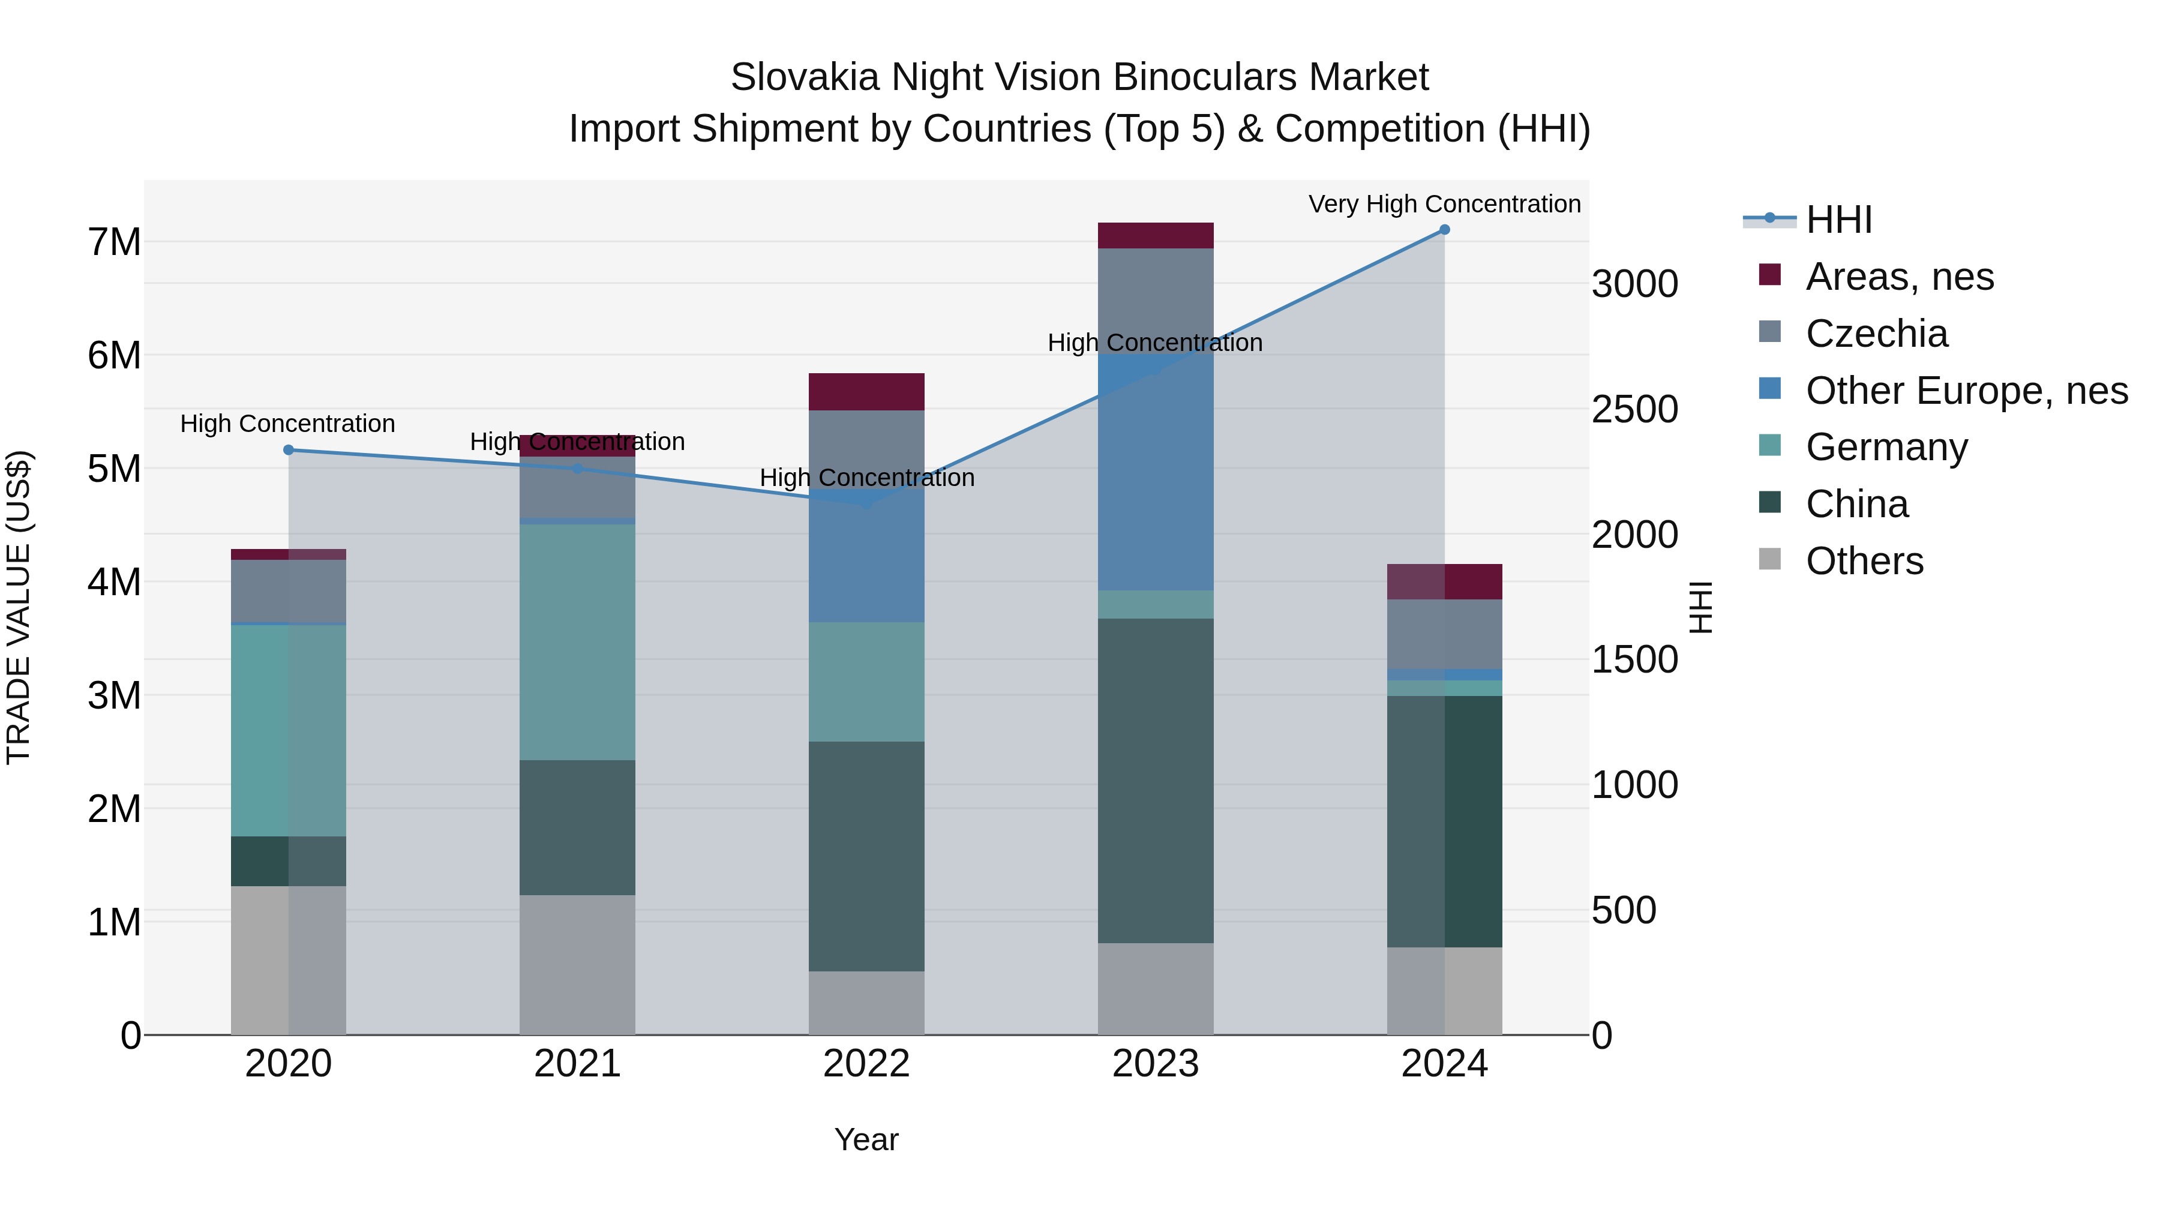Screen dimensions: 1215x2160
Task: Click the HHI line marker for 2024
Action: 1444,230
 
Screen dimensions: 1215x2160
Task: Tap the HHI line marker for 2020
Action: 289,450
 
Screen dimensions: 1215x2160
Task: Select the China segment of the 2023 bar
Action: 1156,780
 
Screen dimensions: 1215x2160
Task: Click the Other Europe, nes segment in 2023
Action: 1156,472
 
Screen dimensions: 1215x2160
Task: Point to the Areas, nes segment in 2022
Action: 866,392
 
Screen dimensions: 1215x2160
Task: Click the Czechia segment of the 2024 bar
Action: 1444,634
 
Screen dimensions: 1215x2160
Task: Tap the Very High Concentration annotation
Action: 1444,204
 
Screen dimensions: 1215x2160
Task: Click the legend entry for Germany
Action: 1886,447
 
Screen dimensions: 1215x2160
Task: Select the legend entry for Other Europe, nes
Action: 1966,391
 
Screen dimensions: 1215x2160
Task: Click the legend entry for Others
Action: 1864,561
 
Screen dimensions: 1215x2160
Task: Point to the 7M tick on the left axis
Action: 114,242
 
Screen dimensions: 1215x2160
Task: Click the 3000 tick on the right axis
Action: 1634,284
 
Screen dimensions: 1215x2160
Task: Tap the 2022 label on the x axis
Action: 866,1064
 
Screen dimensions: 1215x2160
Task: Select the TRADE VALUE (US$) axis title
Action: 19,607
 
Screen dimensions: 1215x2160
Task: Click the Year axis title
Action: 866,1139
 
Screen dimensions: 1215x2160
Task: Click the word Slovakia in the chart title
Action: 804,77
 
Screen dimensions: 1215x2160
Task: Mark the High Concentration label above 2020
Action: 287,424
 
